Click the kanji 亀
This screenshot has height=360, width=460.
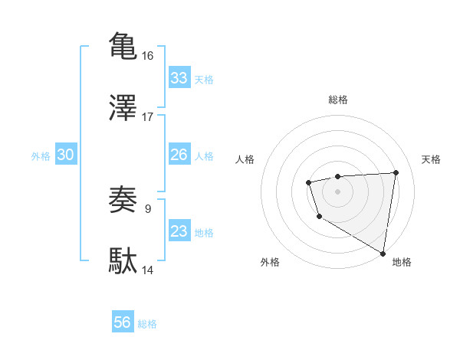click(x=123, y=45)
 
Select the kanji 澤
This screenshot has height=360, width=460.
click(x=123, y=107)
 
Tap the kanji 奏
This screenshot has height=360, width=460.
click(x=123, y=199)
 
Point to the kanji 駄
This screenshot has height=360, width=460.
click(x=123, y=260)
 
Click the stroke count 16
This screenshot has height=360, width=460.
click(x=148, y=55)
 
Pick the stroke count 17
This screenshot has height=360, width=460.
click(x=148, y=117)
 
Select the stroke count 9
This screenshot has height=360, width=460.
click(x=148, y=208)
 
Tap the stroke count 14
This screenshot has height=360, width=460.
click(x=148, y=270)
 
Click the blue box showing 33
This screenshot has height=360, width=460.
click(x=179, y=78)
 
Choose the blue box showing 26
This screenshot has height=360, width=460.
click(x=179, y=155)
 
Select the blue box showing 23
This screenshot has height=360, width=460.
click(x=179, y=231)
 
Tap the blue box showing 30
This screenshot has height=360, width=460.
click(x=66, y=155)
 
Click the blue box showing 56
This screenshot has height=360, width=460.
click(x=123, y=322)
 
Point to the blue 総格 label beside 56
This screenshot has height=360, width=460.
click(x=147, y=324)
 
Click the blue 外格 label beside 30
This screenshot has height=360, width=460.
click(x=41, y=156)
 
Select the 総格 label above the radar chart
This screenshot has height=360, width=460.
click(x=337, y=100)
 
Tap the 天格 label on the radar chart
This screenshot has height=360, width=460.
click(x=431, y=159)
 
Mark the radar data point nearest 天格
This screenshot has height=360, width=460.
click(x=396, y=172)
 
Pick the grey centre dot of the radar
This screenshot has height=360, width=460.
click(x=337, y=191)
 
